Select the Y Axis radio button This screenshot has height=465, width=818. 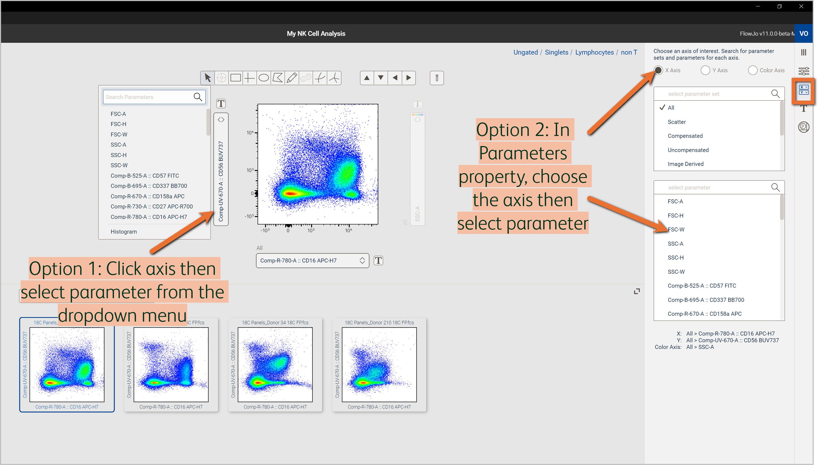point(705,70)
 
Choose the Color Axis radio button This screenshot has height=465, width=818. point(753,70)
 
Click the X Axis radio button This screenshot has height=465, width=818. point(658,70)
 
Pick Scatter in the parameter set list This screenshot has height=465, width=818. point(676,122)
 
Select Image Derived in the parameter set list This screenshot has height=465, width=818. point(685,164)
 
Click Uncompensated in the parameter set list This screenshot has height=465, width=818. point(688,150)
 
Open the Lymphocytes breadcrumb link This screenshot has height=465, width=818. point(594,52)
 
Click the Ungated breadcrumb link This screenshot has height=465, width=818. point(525,52)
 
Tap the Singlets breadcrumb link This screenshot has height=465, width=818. point(556,52)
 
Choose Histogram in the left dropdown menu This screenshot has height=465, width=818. point(124,232)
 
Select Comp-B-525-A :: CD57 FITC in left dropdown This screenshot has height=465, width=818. point(145,176)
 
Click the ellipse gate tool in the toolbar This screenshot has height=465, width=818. point(264,78)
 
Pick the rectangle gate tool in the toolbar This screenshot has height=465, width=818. point(236,78)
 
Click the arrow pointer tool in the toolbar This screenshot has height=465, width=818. point(207,78)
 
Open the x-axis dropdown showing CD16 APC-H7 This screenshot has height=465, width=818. point(312,261)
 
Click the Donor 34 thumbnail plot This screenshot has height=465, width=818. point(275,364)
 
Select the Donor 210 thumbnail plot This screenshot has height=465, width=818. point(379,364)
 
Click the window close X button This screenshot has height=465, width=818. point(801,6)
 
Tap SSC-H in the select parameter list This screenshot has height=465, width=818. point(676,257)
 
